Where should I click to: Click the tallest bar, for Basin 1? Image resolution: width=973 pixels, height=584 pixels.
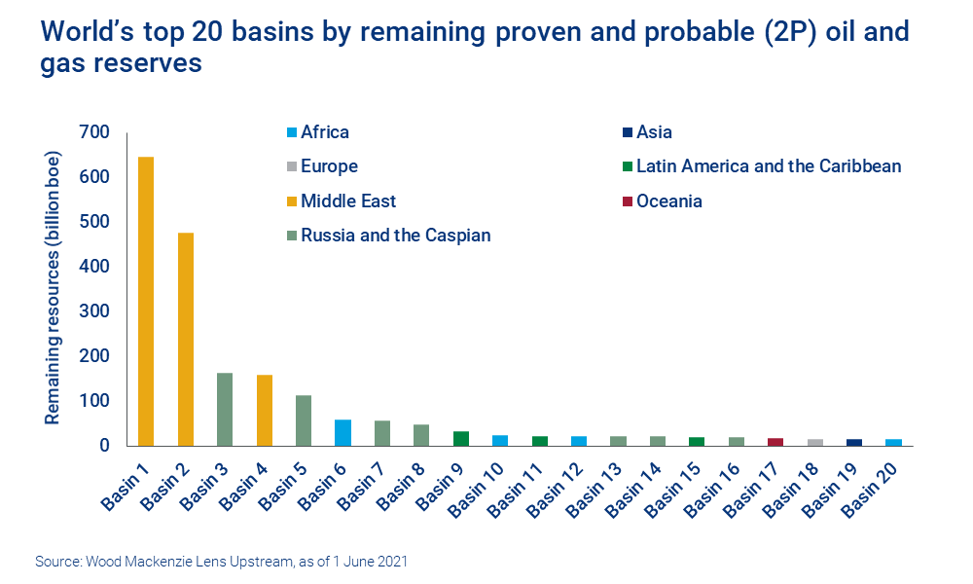(146, 302)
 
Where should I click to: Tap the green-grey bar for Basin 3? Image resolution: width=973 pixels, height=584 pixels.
(225, 409)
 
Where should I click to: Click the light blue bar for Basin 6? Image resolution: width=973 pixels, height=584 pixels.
(342, 433)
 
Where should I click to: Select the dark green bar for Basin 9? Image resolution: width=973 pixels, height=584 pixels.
(461, 439)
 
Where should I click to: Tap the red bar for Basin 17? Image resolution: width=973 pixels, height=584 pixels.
(775, 442)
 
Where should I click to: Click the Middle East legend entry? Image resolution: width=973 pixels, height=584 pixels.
(348, 201)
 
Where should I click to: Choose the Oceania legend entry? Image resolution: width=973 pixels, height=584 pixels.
(668, 201)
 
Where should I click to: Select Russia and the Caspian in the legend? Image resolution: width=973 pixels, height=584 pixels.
(395, 235)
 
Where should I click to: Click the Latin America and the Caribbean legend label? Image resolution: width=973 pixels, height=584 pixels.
(768, 166)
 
